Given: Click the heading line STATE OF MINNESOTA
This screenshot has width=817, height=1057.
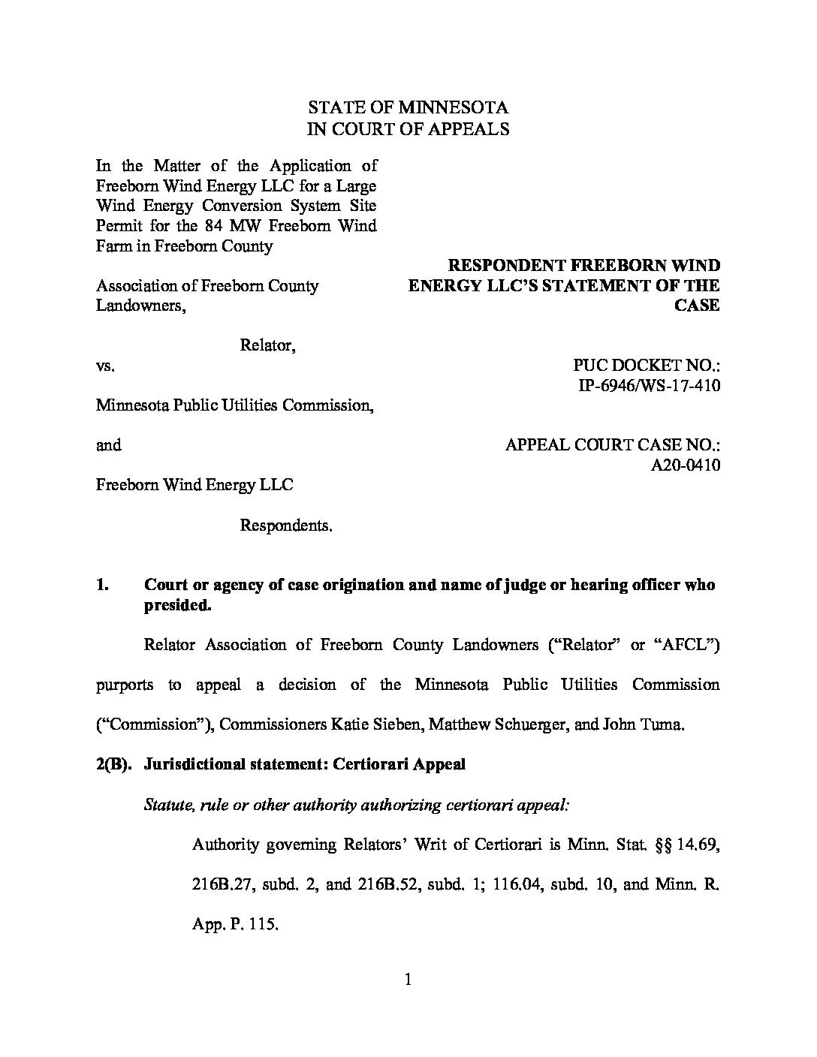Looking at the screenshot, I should [x=408, y=107].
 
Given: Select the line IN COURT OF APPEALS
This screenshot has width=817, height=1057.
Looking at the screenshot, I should [x=408, y=128].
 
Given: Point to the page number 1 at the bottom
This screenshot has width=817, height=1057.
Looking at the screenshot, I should [x=408, y=979].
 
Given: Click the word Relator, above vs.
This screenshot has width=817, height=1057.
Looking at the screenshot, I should [x=267, y=345].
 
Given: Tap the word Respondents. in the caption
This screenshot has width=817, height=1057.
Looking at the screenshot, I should [x=286, y=525].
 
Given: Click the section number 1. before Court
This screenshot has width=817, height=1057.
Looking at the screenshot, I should [x=104, y=585].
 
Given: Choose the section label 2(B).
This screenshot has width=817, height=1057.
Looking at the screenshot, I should [x=114, y=765].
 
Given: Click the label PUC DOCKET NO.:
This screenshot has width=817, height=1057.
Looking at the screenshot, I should [x=647, y=366].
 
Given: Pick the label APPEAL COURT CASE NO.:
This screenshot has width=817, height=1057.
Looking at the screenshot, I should [x=614, y=445].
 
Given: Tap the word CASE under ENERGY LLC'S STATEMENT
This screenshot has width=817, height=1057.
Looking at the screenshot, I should [x=698, y=306].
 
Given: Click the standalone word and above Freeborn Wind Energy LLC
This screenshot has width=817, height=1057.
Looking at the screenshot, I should [x=109, y=445].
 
